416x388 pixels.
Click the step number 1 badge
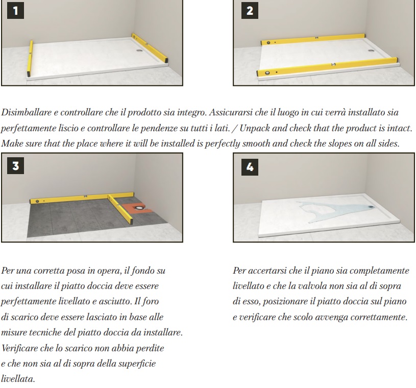(x=15, y=11)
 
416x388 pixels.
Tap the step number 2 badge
(x=250, y=11)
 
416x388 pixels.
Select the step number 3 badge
(x=15, y=165)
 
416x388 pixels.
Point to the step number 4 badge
(x=250, y=167)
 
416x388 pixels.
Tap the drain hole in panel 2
(x=371, y=51)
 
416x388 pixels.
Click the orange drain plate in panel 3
(x=137, y=208)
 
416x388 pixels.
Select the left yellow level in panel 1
(x=30, y=58)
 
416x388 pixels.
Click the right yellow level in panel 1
(x=150, y=48)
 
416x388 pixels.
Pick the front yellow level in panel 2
(x=327, y=67)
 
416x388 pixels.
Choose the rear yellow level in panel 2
(x=313, y=39)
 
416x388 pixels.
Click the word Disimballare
(x=26, y=112)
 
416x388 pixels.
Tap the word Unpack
(x=254, y=128)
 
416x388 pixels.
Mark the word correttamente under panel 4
(x=379, y=317)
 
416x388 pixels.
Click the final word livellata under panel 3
(x=18, y=379)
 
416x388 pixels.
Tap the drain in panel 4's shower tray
(x=371, y=206)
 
